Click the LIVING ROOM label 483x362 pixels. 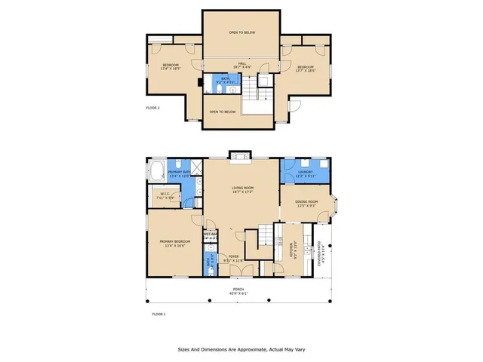click(x=242, y=187)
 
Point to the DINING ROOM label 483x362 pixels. click(x=306, y=201)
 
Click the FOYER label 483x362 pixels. click(x=234, y=256)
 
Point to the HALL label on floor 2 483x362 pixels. click(x=242, y=63)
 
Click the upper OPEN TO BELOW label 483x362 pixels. click(x=241, y=33)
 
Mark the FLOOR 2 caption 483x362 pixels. click(x=155, y=109)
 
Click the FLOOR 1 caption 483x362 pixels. click(x=158, y=312)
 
